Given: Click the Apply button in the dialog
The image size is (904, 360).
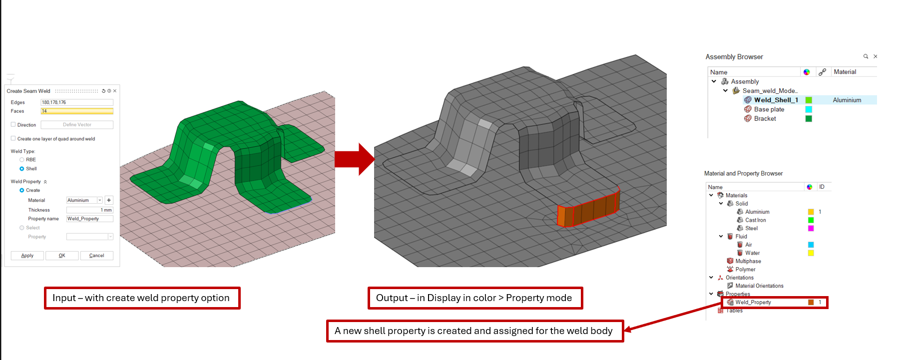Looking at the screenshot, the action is pyautogui.click(x=27, y=256).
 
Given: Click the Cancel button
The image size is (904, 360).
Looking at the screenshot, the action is pyautogui.click(x=96, y=256).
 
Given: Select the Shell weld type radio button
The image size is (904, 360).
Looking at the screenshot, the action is pyautogui.click(x=22, y=169).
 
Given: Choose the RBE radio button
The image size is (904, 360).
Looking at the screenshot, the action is pyautogui.click(x=22, y=160).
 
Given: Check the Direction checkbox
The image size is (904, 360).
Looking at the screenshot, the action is pyautogui.click(x=13, y=124).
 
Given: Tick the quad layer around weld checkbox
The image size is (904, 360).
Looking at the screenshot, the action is pyautogui.click(x=13, y=138).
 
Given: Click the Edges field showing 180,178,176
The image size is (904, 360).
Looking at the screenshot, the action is pyautogui.click(x=77, y=102).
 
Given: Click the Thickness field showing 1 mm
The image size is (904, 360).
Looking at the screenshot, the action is pyautogui.click(x=90, y=210).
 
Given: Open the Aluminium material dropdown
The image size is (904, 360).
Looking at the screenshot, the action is pyautogui.click(x=100, y=200).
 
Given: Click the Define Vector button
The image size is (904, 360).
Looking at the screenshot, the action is pyautogui.click(x=77, y=125).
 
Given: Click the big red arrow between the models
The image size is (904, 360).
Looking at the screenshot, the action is pyautogui.click(x=355, y=159).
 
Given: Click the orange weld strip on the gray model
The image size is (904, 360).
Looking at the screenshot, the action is pyautogui.click(x=589, y=208).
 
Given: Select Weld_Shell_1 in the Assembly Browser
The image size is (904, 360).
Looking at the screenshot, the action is pyautogui.click(x=776, y=100).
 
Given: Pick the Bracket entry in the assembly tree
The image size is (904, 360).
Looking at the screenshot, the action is pyautogui.click(x=765, y=118).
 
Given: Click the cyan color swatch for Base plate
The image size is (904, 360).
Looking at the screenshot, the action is pyautogui.click(x=809, y=109).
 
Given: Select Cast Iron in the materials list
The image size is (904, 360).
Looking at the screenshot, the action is pyautogui.click(x=755, y=220).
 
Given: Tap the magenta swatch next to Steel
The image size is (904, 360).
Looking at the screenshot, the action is pyautogui.click(x=811, y=228).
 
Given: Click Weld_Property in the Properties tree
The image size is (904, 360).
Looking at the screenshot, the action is pyautogui.click(x=753, y=302).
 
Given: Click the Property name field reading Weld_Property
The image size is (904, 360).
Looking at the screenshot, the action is pyautogui.click(x=90, y=219).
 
